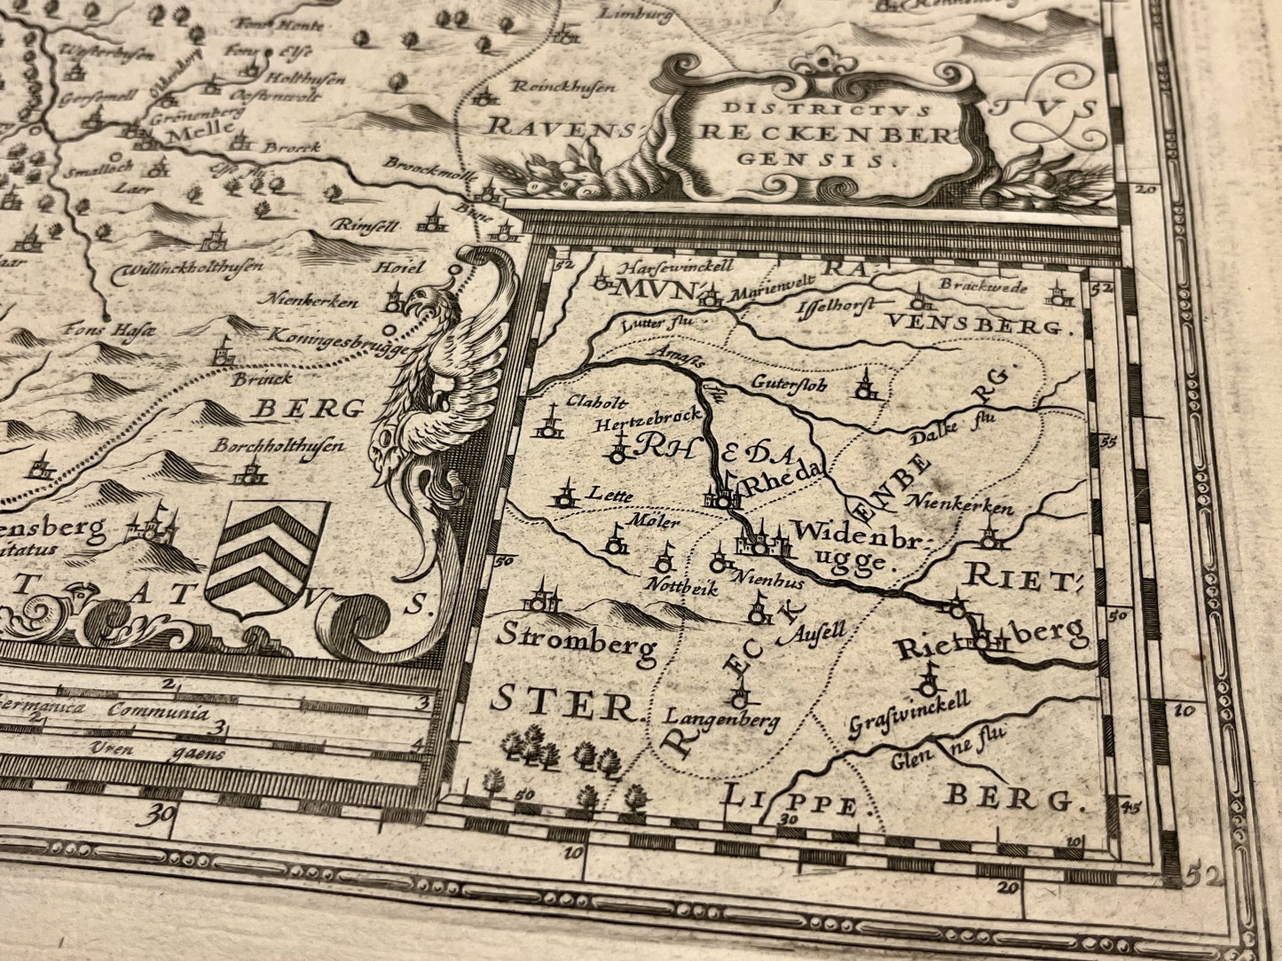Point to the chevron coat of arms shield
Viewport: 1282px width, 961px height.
pos(265,559)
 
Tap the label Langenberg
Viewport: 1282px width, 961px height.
pos(721,718)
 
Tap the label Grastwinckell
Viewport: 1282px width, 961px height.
pos(908,714)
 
